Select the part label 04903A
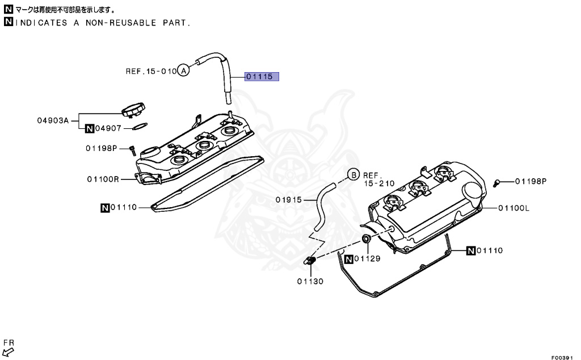tap(53, 120)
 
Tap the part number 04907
tap(108, 129)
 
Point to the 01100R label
tap(103, 179)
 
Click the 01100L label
tap(513, 208)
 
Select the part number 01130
tap(310, 281)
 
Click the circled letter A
tap(183, 71)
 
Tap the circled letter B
tap(353, 175)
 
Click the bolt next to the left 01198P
tap(131, 150)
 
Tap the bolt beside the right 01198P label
tap(497, 182)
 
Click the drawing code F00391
tap(563, 357)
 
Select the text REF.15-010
tap(150, 72)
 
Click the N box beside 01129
tap(350, 259)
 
